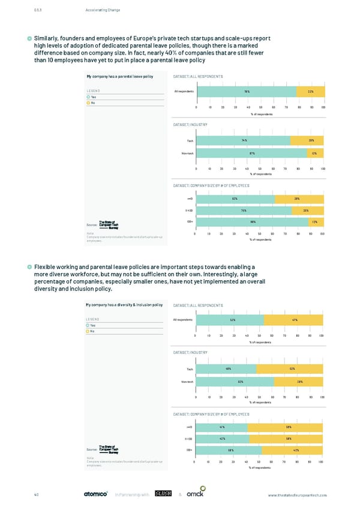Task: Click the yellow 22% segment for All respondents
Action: point(310,91)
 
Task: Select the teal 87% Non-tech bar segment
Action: point(253,153)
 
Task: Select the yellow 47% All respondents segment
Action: point(294,319)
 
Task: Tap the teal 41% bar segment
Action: point(222,427)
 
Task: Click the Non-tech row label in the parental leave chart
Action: point(187,153)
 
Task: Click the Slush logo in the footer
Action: point(164,494)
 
